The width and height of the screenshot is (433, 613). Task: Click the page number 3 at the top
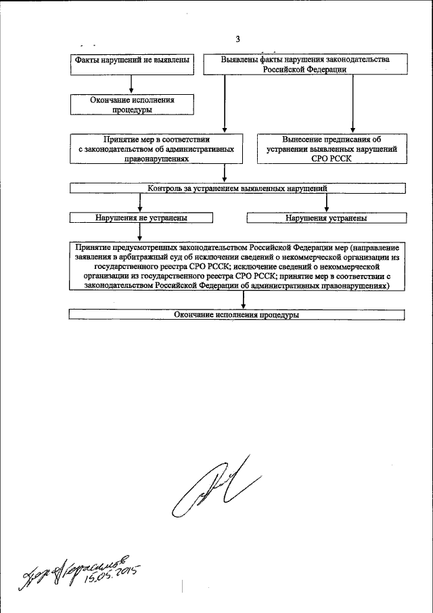(x=237, y=38)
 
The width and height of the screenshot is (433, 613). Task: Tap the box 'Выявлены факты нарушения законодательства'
(x=306, y=64)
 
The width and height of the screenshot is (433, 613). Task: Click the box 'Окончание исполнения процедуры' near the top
(x=132, y=104)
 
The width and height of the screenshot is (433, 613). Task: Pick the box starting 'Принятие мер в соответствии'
(x=156, y=148)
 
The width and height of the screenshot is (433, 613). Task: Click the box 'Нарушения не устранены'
(x=141, y=219)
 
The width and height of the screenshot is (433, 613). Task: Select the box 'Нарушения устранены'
(x=326, y=219)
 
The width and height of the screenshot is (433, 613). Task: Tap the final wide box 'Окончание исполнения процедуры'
(x=237, y=315)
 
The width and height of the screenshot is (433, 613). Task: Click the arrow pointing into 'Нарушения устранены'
(x=327, y=204)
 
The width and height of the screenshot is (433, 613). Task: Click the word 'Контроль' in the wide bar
(x=165, y=189)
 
